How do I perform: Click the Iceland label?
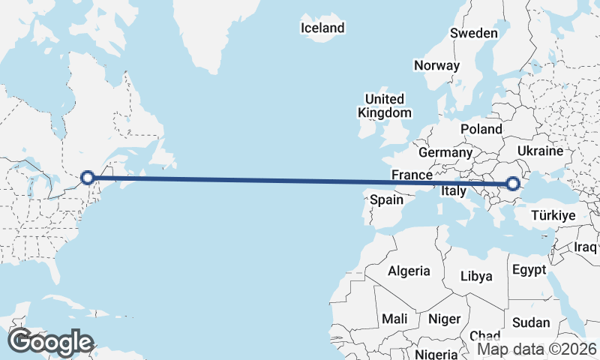(322, 28)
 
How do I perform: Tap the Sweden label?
(473, 33)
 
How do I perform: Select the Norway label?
(436, 65)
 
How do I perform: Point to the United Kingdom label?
(385, 106)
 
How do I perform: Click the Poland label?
(481, 129)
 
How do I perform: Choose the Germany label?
(445, 152)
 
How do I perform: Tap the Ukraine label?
(540, 151)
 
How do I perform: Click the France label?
(412, 175)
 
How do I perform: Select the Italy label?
(454, 191)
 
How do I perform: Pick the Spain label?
(387, 200)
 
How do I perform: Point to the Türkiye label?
(553, 215)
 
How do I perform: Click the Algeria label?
(409, 271)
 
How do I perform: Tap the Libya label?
(476, 276)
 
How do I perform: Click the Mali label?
(394, 319)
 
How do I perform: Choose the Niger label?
(444, 319)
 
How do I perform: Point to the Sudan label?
(531, 323)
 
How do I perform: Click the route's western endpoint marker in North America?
(88, 178)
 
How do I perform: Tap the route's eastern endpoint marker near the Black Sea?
(513, 183)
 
